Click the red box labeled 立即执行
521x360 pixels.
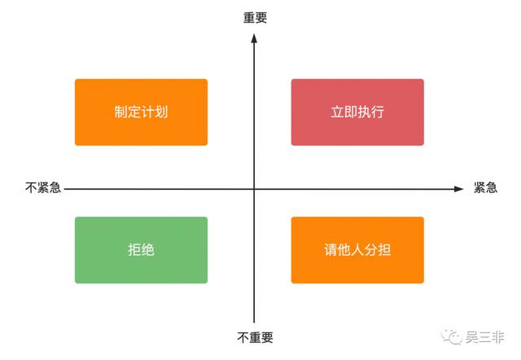(x=357, y=112)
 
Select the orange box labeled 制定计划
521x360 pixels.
(x=141, y=112)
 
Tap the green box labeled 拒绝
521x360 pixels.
(x=141, y=250)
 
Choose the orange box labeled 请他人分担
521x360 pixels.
(x=357, y=250)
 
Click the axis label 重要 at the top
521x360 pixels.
(x=255, y=16)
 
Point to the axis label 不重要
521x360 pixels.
(x=255, y=336)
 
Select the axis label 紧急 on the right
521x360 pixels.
(x=486, y=188)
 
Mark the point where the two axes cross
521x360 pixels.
(x=255, y=189)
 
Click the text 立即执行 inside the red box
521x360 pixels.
(x=357, y=112)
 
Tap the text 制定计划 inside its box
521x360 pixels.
(x=141, y=112)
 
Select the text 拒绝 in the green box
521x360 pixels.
(x=141, y=250)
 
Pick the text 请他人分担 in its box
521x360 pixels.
(x=357, y=250)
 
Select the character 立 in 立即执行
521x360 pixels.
(x=337, y=112)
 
